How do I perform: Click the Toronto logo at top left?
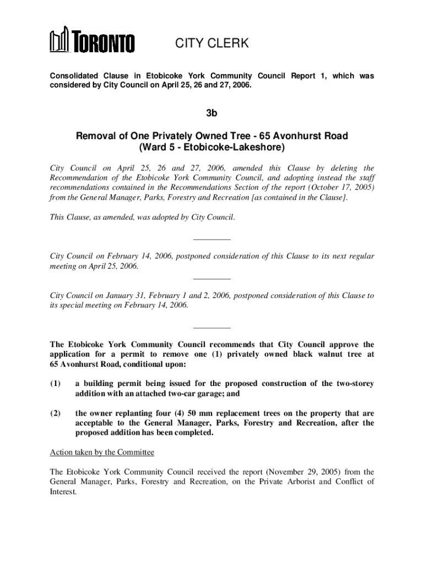pos(92,42)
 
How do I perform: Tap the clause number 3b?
pos(212,114)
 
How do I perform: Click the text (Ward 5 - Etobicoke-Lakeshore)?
pos(212,147)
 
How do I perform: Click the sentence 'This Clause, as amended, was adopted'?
pos(142,218)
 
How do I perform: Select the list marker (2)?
pos(55,413)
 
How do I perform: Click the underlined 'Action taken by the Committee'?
pos(102,452)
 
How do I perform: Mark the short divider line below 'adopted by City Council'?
pos(212,239)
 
